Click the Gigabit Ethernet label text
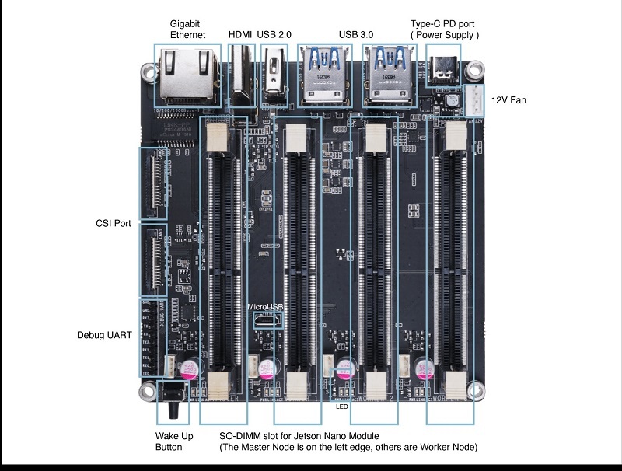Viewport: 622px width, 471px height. pos(187,29)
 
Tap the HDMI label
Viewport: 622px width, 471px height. pos(239,35)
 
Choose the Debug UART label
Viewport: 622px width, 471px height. pos(104,335)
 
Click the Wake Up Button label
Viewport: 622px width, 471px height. pos(174,441)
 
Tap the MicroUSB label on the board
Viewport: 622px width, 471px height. pos(265,307)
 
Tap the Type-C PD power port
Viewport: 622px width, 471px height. pos(444,72)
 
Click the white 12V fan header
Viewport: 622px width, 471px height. pos(475,98)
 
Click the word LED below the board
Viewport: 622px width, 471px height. pos(341,406)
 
